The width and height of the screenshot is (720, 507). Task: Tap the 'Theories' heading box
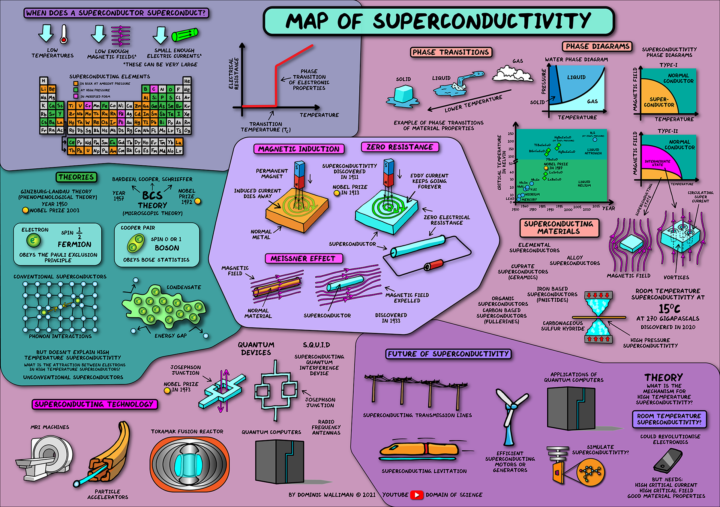(76, 177)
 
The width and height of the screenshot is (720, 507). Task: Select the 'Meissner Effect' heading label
(303, 259)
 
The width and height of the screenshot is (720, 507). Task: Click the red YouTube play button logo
(417, 495)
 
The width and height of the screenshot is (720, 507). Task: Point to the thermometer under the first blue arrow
(64, 34)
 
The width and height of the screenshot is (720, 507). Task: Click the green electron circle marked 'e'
(34, 240)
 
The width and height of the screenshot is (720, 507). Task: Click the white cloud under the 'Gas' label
(512, 73)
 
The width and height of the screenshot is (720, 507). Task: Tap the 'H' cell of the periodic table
(44, 81)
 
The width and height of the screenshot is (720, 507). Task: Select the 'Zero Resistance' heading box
(400, 147)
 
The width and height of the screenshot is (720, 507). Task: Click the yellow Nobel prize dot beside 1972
(198, 201)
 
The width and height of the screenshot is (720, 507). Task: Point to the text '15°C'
(669, 309)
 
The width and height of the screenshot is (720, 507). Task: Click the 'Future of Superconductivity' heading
(448, 354)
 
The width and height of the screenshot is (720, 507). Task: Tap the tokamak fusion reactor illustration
(189, 464)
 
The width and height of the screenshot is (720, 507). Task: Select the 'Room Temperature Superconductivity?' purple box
(669, 419)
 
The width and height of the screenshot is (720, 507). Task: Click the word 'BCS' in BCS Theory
(152, 196)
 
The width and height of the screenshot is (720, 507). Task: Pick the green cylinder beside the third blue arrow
(184, 35)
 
